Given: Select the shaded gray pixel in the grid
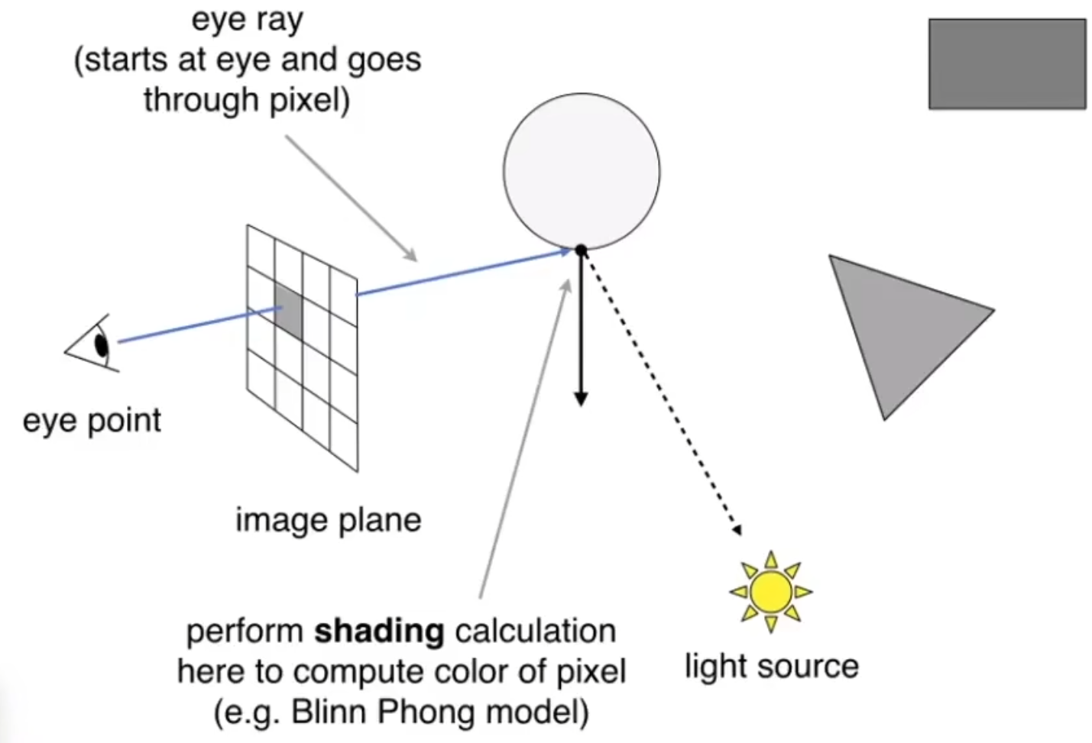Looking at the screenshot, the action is [288, 310].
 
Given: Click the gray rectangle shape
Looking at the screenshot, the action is [1007, 64].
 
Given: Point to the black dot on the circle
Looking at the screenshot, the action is [581, 250].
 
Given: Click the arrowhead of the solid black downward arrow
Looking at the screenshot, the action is [581, 399].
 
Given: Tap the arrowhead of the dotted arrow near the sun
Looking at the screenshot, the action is [736, 528].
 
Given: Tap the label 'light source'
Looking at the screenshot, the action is [771, 666].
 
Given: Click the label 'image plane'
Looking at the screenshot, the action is [328, 520].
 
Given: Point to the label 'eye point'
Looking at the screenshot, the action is [92, 421].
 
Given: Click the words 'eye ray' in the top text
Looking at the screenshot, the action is [247, 20].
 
